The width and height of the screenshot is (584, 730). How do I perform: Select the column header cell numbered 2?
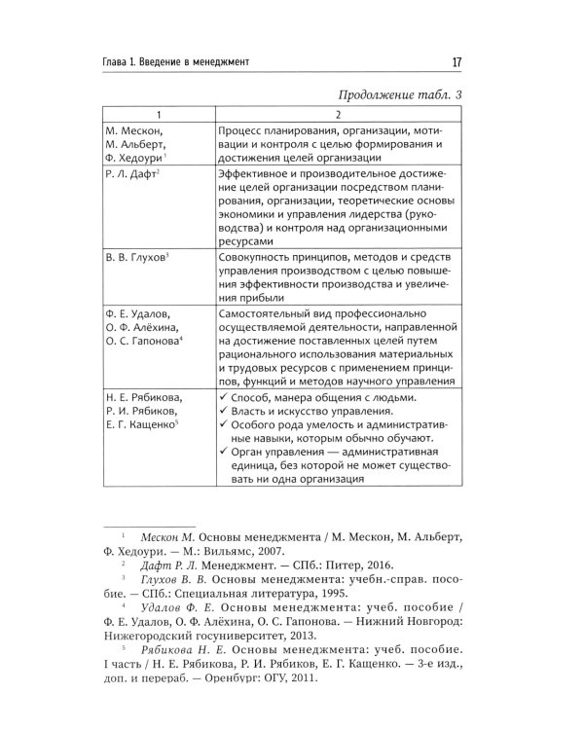click(339, 114)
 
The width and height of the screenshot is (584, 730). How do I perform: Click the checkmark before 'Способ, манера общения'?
click(224, 398)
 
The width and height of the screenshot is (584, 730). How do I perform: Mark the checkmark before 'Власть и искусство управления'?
click(224, 414)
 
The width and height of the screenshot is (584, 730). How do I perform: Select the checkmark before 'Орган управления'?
click(224, 452)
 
